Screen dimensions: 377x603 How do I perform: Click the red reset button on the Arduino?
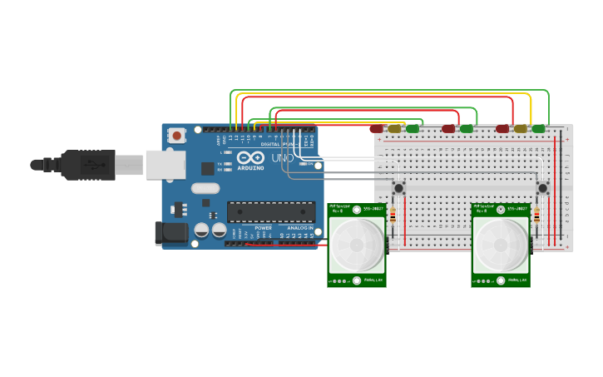coord(176,136)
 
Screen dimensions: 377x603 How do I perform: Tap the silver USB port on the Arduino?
coord(165,164)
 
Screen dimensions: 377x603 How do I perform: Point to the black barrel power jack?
coord(173,233)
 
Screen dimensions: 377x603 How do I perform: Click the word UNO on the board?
coord(282,158)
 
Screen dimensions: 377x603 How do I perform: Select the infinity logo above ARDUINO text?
coord(250,156)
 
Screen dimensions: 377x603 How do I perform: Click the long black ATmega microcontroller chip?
coord(270,212)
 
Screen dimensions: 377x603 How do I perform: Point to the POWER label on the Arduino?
coord(263,227)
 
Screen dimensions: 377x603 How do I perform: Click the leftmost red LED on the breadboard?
coord(377,129)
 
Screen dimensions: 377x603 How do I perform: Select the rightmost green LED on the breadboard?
coord(538,129)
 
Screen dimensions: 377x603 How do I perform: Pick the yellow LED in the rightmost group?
coord(521,129)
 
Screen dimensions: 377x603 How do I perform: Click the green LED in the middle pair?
coord(467,129)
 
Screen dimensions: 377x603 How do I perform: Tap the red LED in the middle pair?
coord(449,129)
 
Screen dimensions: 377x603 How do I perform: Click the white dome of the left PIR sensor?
coord(357,245)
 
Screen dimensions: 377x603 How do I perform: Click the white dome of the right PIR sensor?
coord(501,246)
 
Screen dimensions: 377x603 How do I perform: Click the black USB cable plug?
coord(87,165)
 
